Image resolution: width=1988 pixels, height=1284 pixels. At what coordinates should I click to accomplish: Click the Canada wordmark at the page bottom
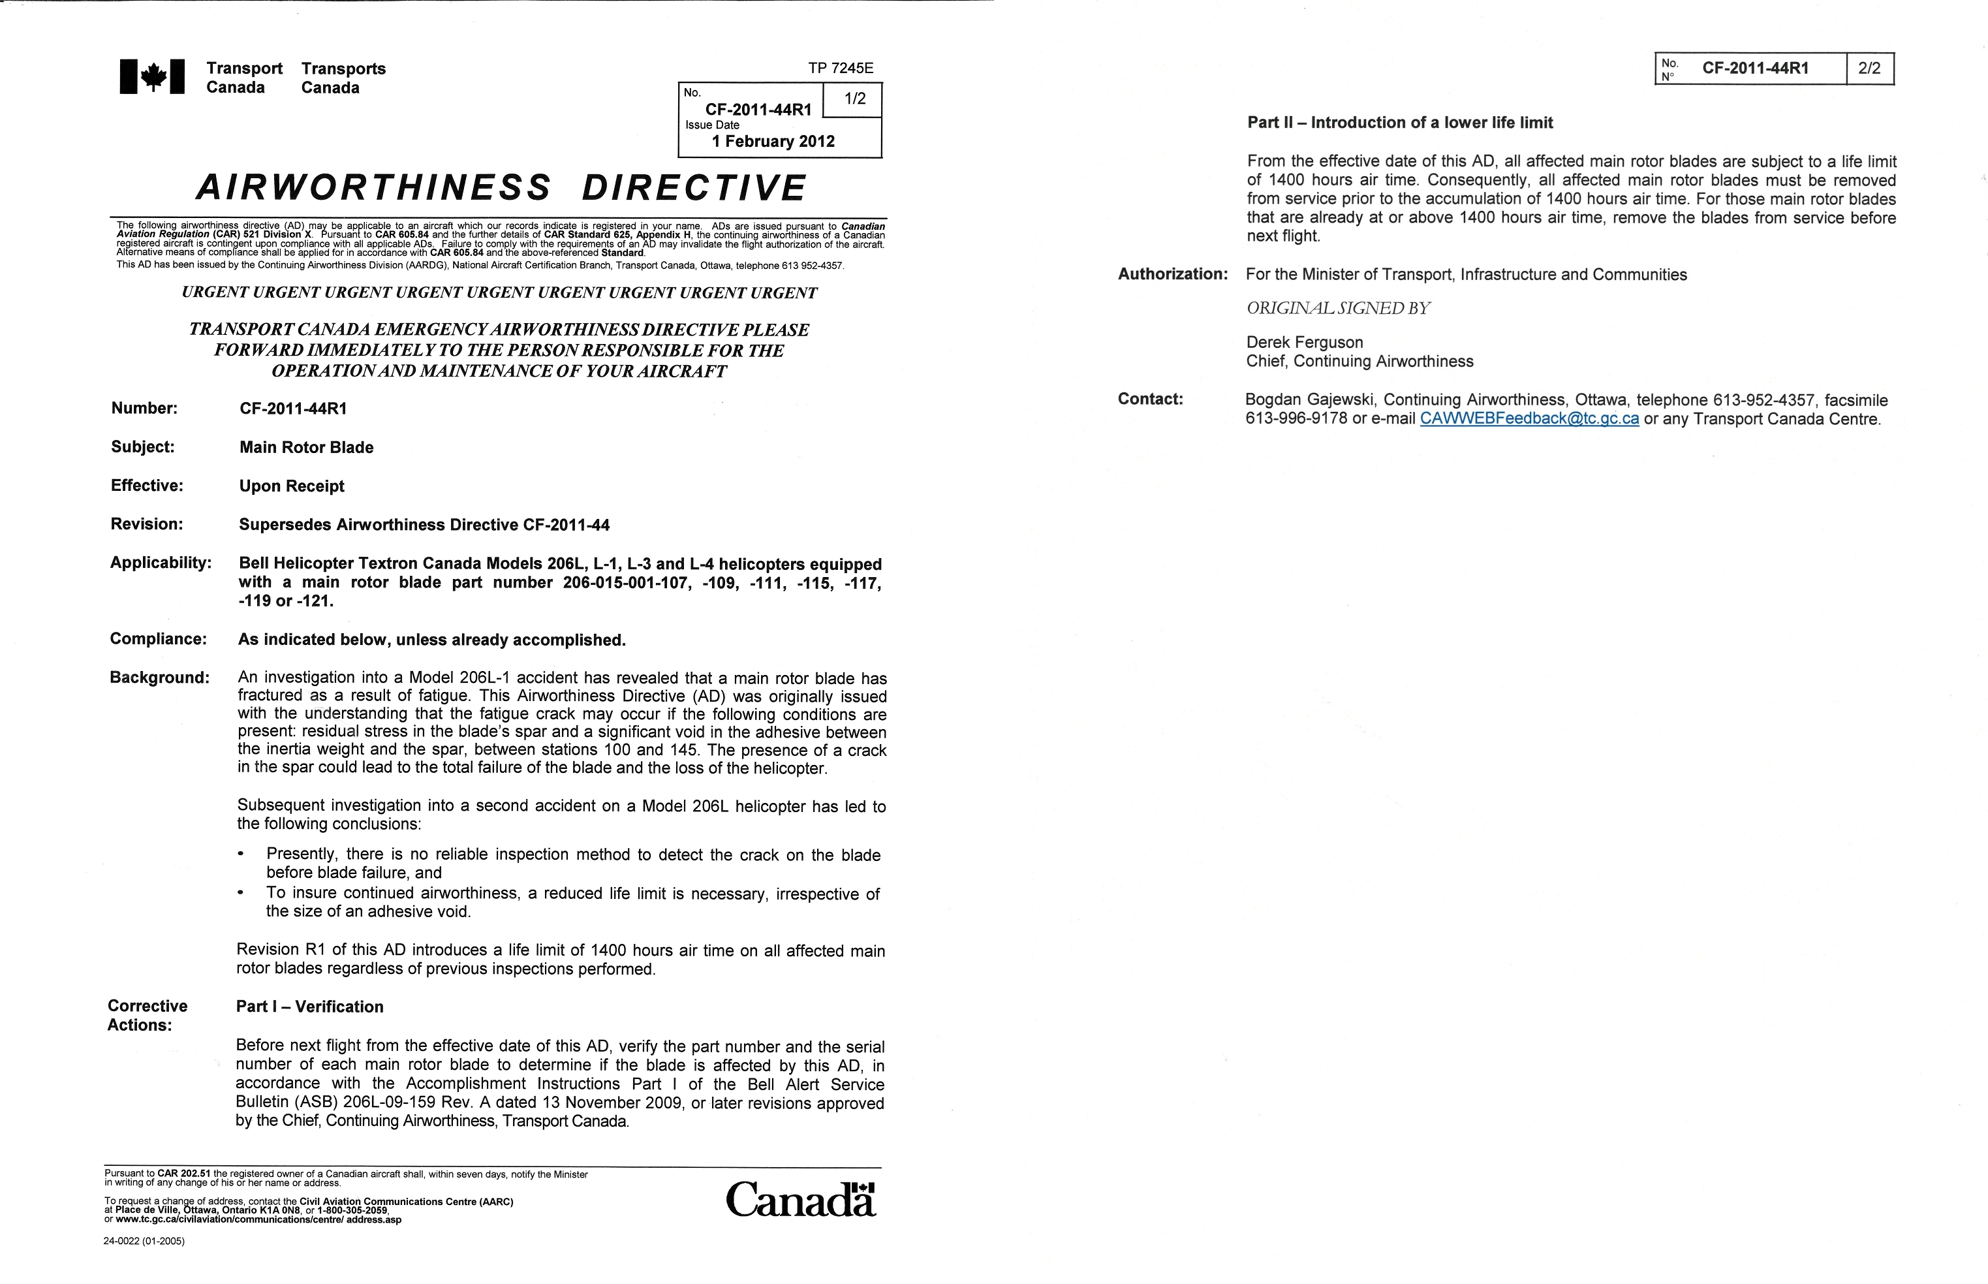tap(800, 1200)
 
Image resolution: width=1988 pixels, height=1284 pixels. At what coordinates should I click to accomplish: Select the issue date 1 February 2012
tap(773, 142)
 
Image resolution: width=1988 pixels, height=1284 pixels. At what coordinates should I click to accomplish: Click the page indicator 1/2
tap(855, 99)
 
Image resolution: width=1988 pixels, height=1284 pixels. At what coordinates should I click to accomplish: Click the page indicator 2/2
tap(1869, 69)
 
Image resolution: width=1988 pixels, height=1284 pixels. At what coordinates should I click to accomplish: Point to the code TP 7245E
tap(840, 69)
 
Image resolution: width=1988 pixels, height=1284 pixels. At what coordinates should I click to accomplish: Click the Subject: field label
tap(142, 447)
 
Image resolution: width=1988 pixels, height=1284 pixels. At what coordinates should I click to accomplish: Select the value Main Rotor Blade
tap(306, 448)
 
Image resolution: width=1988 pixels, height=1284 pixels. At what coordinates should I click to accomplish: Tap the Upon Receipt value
tap(292, 486)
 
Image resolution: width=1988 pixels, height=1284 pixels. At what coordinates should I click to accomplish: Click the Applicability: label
tap(160, 563)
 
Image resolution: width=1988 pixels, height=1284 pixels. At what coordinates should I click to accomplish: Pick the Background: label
tap(159, 677)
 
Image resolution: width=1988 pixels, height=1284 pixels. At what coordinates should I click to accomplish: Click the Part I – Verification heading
tap(309, 1007)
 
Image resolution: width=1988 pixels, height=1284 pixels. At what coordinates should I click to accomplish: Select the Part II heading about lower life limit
tap(1399, 123)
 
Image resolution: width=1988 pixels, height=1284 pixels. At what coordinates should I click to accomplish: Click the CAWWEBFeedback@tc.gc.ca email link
tap(1529, 418)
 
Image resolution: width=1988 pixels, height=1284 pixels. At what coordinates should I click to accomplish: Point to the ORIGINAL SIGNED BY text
tap(1338, 309)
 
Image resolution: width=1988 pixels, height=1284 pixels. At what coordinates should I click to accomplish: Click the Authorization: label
tap(1173, 274)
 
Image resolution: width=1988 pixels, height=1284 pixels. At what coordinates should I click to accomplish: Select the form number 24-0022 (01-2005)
tap(144, 1241)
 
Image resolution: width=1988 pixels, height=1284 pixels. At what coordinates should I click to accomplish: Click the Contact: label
tap(1149, 399)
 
